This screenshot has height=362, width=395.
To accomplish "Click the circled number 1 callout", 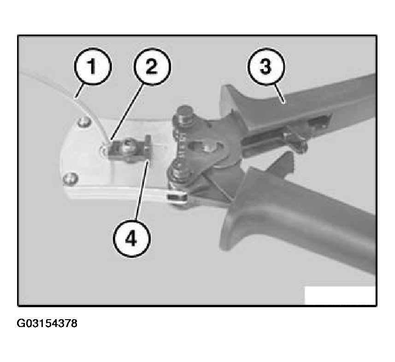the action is tap(93, 66).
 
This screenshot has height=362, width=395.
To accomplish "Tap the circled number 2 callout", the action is tap(152, 67).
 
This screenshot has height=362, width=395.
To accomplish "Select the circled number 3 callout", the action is tap(266, 66).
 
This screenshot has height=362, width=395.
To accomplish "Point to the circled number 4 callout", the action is tap(132, 239).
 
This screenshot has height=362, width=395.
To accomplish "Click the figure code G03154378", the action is tap(47, 323).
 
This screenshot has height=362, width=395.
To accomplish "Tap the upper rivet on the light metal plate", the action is tap(84, 122).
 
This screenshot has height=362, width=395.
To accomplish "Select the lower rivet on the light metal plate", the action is tap(70, 179).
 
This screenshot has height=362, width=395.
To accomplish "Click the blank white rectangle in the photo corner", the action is tap(340, 295).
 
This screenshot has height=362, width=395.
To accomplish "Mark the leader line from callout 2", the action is tap(128, 112).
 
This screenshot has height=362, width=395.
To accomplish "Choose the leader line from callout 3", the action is tap(279, 93).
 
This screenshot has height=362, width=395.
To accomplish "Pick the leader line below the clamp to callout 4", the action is tap(143, 192).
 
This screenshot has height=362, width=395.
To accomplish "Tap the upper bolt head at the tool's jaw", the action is tap(185, 116).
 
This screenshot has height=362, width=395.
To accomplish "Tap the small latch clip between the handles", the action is tap(295, 141).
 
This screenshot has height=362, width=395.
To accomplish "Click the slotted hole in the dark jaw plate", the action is tap(205, 147).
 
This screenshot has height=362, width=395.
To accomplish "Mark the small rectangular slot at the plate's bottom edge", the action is tap(177, 197).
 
